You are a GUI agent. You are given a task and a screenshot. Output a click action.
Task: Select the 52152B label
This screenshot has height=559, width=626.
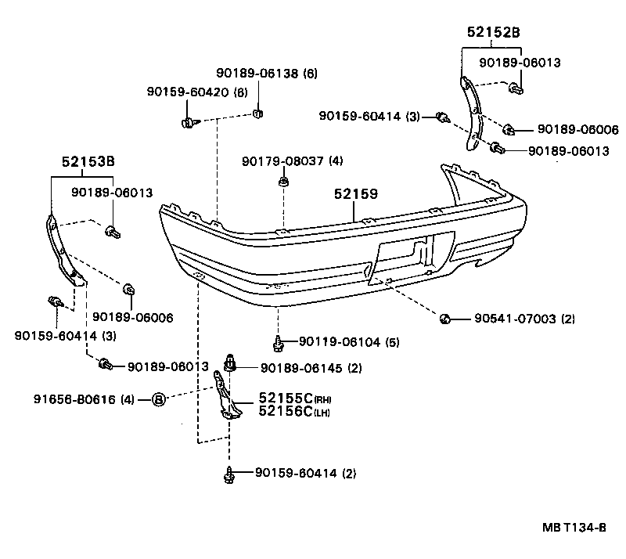pos(493,33)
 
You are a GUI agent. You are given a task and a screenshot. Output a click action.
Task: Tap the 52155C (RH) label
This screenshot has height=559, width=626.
pos(286,399)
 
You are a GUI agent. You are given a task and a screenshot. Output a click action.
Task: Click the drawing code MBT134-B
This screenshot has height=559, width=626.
pos(575,526)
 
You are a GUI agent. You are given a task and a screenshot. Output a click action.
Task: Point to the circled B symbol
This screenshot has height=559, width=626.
pos(158,399)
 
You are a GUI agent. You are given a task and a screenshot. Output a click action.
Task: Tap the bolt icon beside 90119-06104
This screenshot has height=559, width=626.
pos(278,341)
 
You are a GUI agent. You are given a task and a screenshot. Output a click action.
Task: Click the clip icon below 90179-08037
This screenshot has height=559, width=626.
pos(282,182)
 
